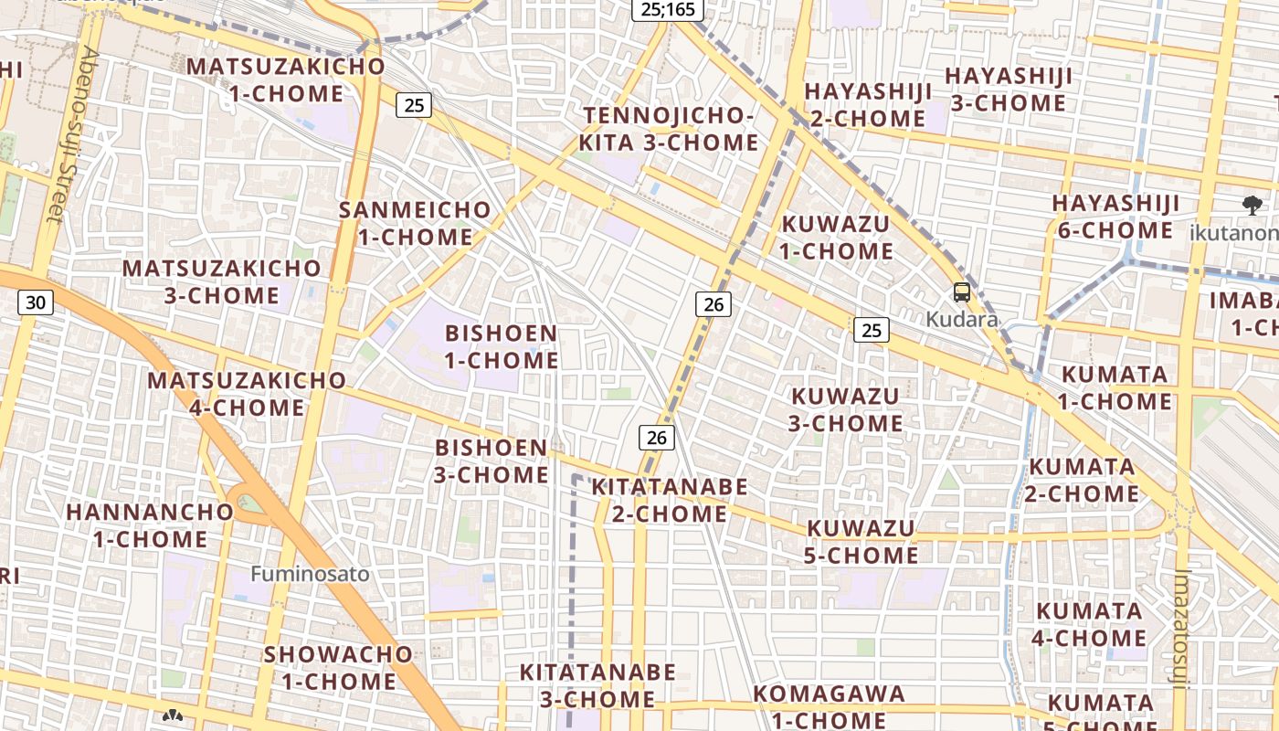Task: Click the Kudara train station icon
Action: tap(961, 292)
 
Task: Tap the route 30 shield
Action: tap(35, 302)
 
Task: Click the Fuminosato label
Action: tap(311, 574)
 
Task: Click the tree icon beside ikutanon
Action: tap(1252, 206)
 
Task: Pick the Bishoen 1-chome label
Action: tap(501, 346)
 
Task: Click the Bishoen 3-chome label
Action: tap(492, 461)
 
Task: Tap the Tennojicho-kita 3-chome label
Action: tap(669, 129)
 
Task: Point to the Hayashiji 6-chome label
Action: tap(1115, 217)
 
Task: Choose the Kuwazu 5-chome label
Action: tap(861, 542)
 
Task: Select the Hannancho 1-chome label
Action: tap(149, 524)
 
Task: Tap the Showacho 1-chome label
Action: tap(338, 668)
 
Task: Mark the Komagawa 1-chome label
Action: tap(830, 706)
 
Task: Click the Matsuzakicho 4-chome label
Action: tap(247, 394)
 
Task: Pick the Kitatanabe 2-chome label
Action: tap(670, 500)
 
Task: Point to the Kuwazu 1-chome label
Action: tap(836, 238)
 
